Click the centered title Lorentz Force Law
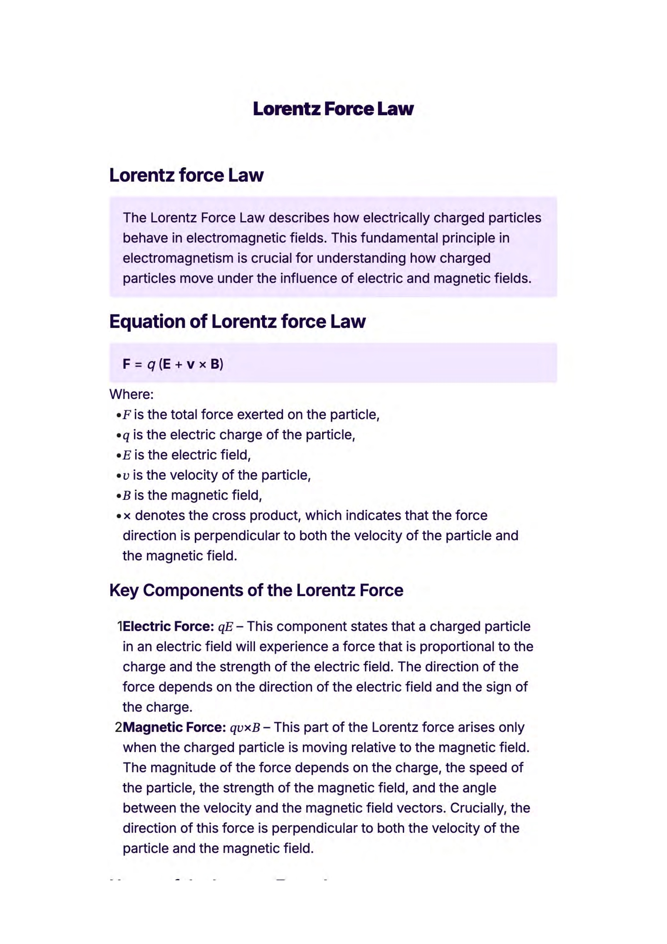[x=333, y=109]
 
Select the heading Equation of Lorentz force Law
[x=237, y=321]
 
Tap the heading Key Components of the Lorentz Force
[x=256, y=591]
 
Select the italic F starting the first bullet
[x=127, y=415]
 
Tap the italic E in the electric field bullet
[x=127, y=455]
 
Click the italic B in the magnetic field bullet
[x=127, y=496]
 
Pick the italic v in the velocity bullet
[x=126, y=476]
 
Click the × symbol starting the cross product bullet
[x=127, y=516]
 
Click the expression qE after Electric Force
[x=225, y=627]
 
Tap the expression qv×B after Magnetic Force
[x=245, y=728]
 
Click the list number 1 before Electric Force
[x=120, y=626]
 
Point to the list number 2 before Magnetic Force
[x=118, y=727]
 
